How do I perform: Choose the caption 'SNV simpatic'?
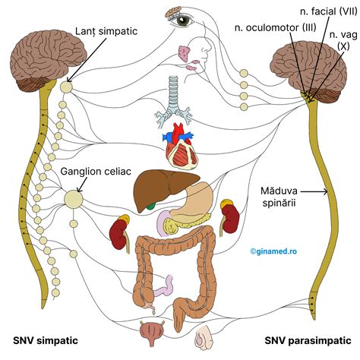click(x=48, y=339)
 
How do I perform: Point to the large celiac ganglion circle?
click(x=74, y=199)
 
